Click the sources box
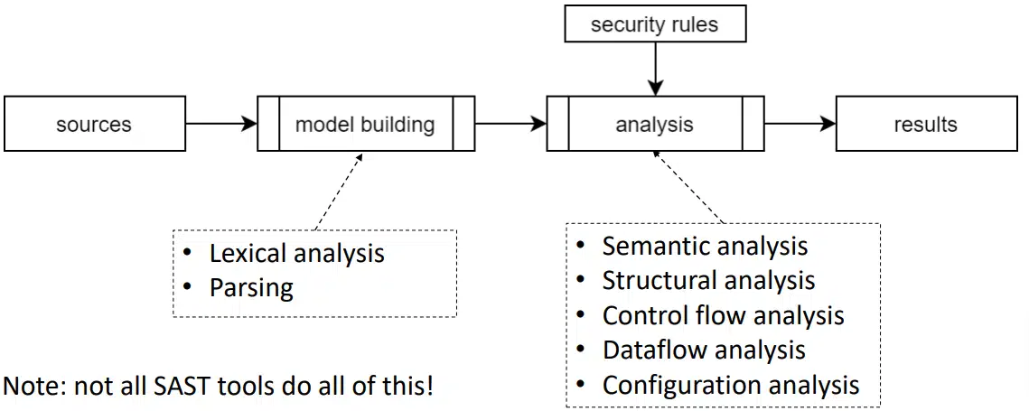pyautogui.click(x=94, y=124)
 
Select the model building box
pyautogui.click(x=365, y=124)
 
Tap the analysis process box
pyautogui.click(x=654, y=124)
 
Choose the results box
pyautogui.click(x=925, y=124)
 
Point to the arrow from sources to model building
pyautogui.click(x=221, y=124)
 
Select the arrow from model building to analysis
pyautogui.click(x=510, y=124)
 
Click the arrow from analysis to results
pyautogui.click(x=800, y=124)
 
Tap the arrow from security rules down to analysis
pyautogui.click(x=654, y=69)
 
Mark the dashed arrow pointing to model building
pyautogui.click(x=338, y=191)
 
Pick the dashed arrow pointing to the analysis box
pyautogui.click(x=688, y=187)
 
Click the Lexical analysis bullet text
pyautogui.click(x=296, y=254)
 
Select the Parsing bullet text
pyautogui.click(x=251, y=288)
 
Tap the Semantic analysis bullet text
pyautogui.click(x=705, y=246)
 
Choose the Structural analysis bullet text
pyautogui.click(x=708, y=281)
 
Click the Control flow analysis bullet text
pyautogui.click(x=723, y=315)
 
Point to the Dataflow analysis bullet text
pyautogui.click(x=704, y=350)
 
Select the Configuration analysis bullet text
pyautogui.click(x=730, y=385)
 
